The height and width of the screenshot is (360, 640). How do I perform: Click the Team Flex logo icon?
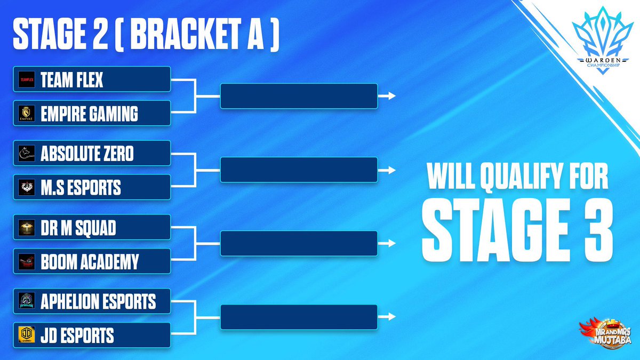pyautogui.click(x=26, y=80)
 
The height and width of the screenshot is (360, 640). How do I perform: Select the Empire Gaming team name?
pyautogui.click(x=89, y=114)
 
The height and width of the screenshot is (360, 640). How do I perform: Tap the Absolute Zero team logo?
pyautogui.click(x=26, y=154)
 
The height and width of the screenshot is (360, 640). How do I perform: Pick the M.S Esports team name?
pyautogui.click(x=81, y=188)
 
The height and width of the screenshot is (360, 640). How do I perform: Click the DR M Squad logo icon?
pyautogui.click(x=26, y=228)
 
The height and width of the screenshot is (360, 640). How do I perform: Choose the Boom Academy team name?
pyautogui.click(x=90, y=262)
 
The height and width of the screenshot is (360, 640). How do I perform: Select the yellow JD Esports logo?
pyautogui.click(x=26, y=335)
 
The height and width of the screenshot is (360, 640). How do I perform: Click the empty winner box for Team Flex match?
pyautogui.click(x=299, y=96)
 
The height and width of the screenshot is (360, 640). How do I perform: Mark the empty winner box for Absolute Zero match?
pyautogui.click(x=299, y=170)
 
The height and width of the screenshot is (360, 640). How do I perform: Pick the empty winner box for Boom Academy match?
pyautogui.click(x=299, y=244)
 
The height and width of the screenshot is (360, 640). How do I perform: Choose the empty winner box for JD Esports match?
pyautogui.click(x=299, y=317)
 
